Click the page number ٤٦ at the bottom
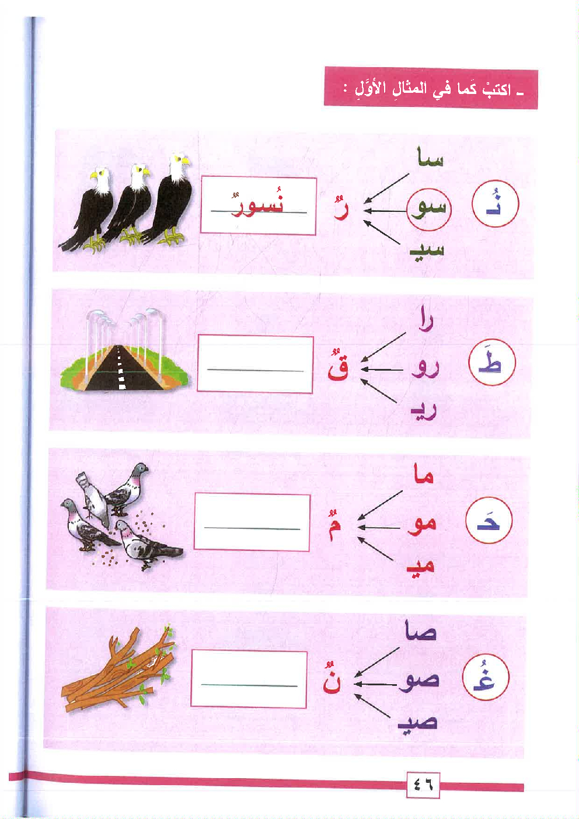point(423,785)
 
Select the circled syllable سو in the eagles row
point(429,210)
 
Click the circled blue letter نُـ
point(496,204)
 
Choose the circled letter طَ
point(491,362)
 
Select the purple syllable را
point(426,318)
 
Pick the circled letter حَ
point(489,520)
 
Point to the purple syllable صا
point(421,630)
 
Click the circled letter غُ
point(486,677)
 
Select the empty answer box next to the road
point(255,364)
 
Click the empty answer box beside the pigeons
point(252,522)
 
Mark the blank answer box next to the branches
point(249,679)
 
